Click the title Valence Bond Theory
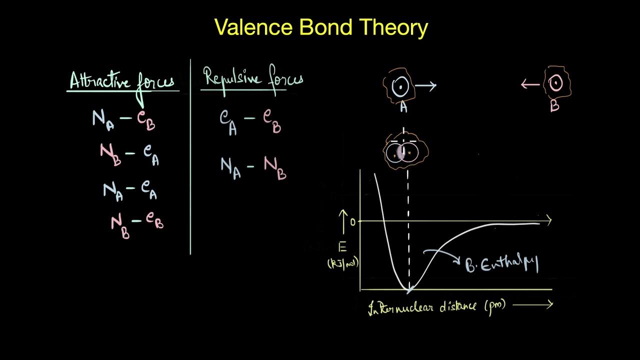(321, 27)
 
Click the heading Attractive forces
(122, 81)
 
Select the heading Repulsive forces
(252, 79)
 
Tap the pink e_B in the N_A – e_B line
(146, 120)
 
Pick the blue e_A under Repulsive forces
(228, 120)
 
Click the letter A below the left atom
(403, 106)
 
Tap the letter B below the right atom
(554, 106)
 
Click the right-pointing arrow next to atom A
(425, 86)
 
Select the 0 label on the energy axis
(352, 222)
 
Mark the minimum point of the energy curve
(408, 289)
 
